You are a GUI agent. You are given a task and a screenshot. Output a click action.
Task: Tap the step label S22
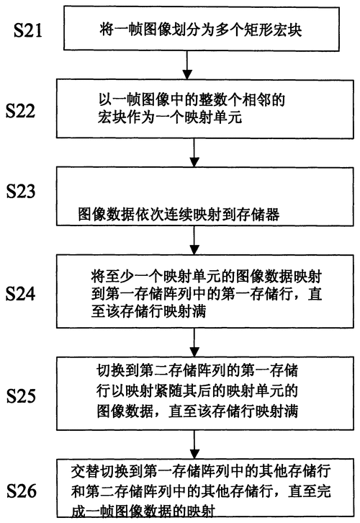click(x=20, y=110)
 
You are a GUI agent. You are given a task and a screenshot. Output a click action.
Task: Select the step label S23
click(x=21, y=191)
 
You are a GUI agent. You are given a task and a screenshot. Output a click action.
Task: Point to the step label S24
click(x=20, y=294)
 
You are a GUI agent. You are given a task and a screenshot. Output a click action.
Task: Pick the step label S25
click(x=21, y=396)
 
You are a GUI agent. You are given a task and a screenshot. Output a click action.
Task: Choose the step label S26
click(x=22, y=491)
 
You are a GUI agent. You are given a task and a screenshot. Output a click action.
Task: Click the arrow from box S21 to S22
click(x=187, y=65)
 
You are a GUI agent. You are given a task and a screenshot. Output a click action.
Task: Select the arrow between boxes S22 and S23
click(x=194, y=153)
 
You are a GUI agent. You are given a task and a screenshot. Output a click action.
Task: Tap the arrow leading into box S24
click(x=194, y=240)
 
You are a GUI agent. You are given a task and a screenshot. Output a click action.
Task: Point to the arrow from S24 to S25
click(x=194, y=343)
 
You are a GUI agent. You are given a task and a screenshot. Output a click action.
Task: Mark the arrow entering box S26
click(x=194, y=444)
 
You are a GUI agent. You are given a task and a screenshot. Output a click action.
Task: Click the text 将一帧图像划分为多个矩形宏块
click(x=201, y=30)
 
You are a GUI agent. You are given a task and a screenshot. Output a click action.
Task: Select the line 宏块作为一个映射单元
click(x=170, y=117)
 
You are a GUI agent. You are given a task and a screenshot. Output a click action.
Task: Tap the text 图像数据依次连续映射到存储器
click(x=179, y=215)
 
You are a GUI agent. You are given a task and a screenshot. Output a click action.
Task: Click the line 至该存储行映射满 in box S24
click(x=148, y=311)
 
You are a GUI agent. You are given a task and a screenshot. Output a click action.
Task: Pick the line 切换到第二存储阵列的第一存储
click(x=197, y=370)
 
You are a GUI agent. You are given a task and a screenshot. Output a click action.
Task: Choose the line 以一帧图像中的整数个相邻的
click(x=192, y=99)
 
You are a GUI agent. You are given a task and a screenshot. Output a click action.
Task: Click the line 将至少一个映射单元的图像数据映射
click(x=207, y=277)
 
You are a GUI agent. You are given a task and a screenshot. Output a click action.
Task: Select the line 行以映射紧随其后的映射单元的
click(x=197, y=391)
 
